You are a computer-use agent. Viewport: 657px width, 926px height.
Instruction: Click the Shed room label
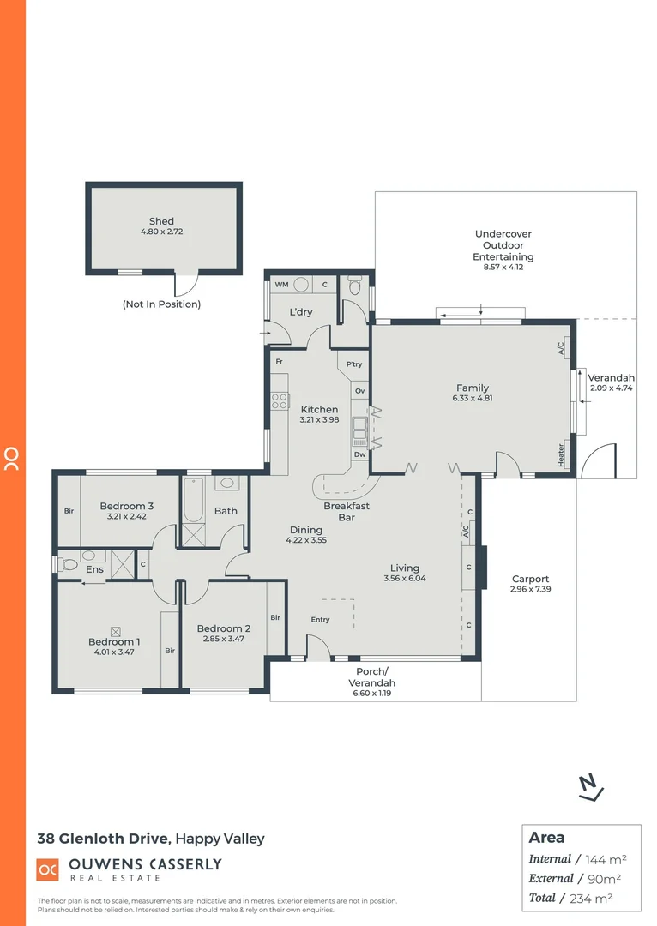(x=161, y=221)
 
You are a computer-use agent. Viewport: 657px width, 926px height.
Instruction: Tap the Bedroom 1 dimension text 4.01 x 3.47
(x=114, y=652)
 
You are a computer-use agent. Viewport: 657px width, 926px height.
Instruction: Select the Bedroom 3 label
(x=126, y=506)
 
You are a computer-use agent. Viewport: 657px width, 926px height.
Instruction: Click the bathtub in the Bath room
(x=192, y=501)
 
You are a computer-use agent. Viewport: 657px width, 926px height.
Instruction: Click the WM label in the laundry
(x=280, y=285)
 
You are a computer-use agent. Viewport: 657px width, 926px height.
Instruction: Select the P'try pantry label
(x=354, y=364)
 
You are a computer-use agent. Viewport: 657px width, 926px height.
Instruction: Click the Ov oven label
(x=359, y=391)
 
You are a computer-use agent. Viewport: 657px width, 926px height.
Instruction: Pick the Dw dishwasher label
(x=359, y=454)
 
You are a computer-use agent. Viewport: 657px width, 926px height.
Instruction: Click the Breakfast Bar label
(x=347, y=512)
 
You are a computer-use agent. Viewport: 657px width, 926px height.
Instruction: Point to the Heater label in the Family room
(x=562, y=454)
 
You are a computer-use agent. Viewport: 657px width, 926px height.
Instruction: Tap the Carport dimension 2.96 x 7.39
(x=529, y=590)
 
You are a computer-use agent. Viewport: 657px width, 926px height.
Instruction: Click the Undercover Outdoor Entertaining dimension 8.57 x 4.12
(x=504, y=268)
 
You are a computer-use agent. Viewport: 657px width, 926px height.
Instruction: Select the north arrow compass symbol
(x=589, y=787)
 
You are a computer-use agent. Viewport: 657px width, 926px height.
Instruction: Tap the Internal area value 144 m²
(x=606, y=859)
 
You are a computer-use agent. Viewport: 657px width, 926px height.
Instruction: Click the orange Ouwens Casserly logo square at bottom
(x=47, y=869)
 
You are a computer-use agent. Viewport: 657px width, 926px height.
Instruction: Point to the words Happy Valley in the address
(x=220, y=839)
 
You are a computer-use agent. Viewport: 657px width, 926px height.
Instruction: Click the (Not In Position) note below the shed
(x=161, y=304)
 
